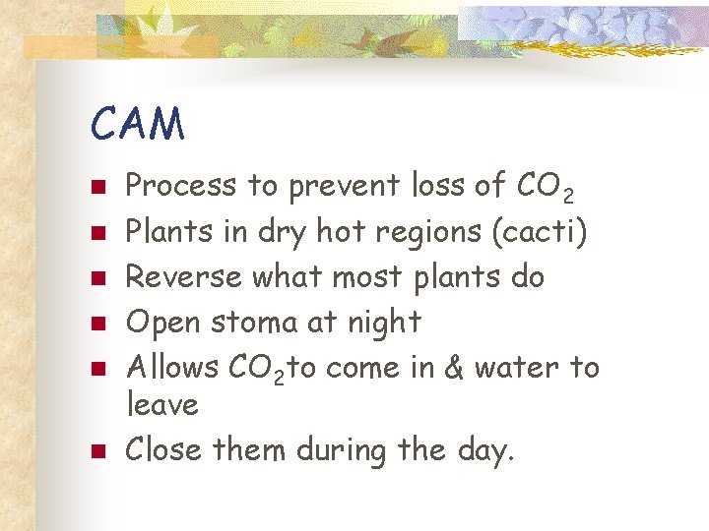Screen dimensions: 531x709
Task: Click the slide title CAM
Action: pos(137,125)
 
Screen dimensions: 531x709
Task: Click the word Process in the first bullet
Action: pos(182,185)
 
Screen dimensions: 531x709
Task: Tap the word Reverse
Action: pos(184,276)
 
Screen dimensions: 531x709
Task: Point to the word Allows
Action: pos(173,367)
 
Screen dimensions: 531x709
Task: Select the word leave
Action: pos(162,404)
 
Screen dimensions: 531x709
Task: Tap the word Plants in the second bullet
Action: pos(168,231)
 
